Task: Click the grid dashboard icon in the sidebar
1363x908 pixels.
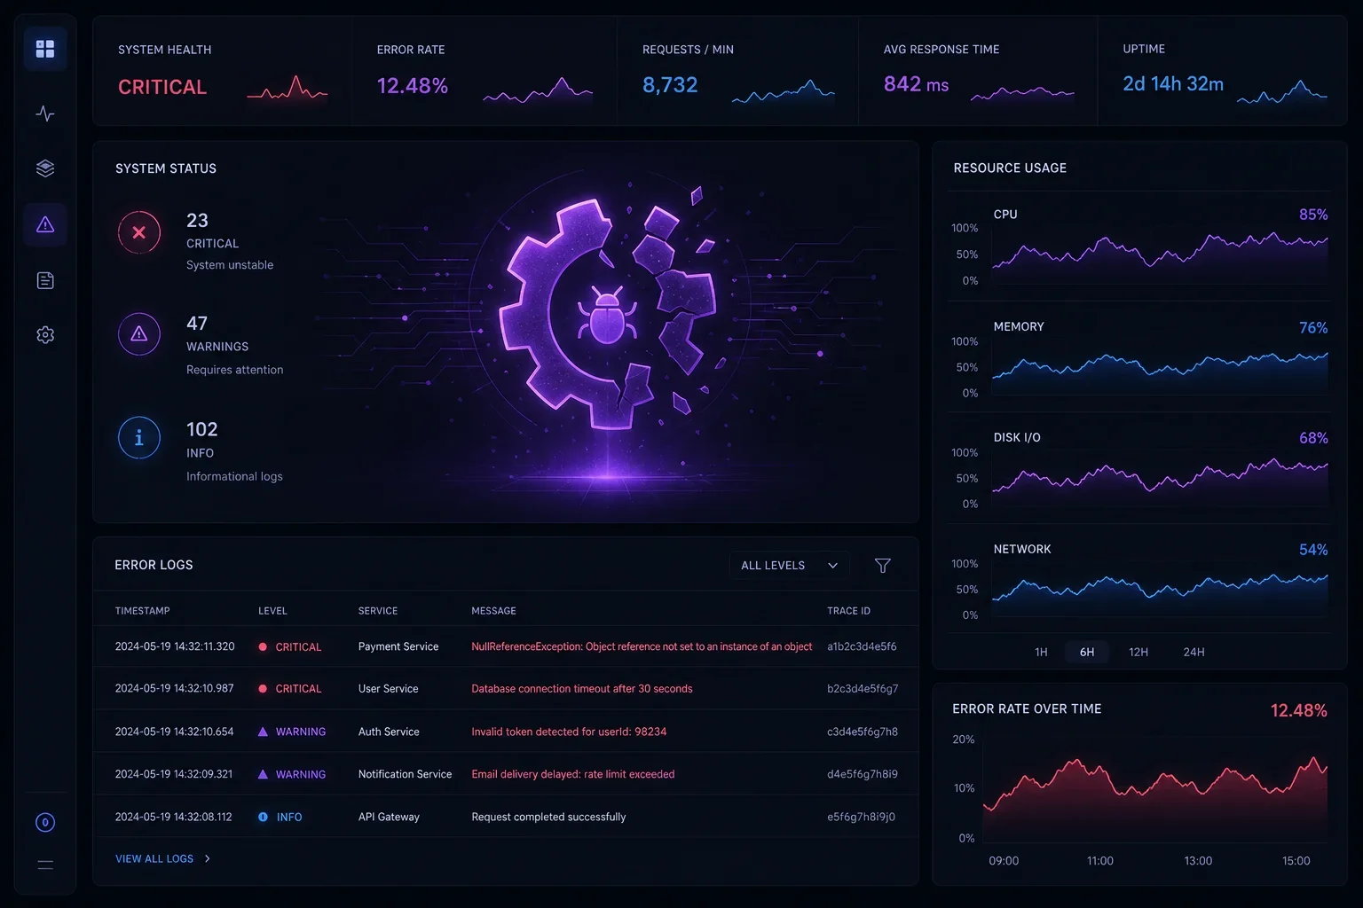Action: [45, 49]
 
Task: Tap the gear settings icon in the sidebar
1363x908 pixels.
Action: [45, 334]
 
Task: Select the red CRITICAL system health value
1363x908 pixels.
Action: [162, 87]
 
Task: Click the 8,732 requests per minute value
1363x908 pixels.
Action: [670, 84]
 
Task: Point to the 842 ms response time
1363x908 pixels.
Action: [916, 84]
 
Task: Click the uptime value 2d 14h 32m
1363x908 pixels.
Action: [1172, 84]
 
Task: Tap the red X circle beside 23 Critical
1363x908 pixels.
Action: [139, 231]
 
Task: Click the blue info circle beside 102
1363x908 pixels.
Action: [139, 437]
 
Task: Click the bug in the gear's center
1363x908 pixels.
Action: [607, 315]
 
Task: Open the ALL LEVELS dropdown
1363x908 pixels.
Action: [789, 566]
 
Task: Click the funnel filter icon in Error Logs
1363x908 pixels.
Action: [882, 566]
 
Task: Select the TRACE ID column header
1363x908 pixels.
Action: [848, 611]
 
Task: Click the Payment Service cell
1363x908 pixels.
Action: [398, 646]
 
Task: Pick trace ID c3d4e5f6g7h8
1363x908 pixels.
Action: [863, 732]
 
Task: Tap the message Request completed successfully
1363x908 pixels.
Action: [548, 817]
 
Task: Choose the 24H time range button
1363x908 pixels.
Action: [1194, 652]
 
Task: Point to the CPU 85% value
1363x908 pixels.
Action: [1313, 215]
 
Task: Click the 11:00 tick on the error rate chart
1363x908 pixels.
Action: [1099, 861]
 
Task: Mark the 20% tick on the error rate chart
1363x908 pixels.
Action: [963, 740]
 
